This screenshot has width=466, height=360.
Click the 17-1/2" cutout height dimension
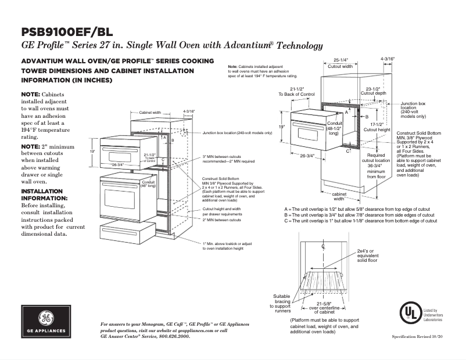(x=376, y=127)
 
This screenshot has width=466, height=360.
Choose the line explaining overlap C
(x=360, y=221)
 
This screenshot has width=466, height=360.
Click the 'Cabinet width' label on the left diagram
(x=150, y=113)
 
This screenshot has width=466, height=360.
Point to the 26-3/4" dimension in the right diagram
(x=307, y=155)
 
